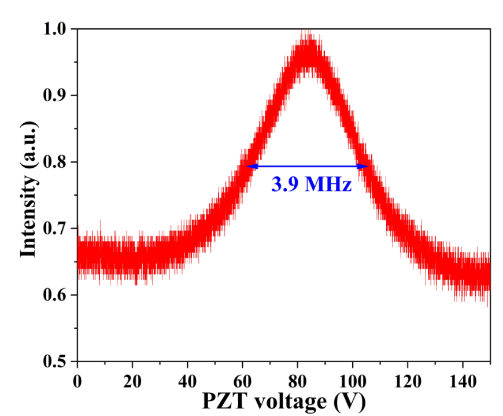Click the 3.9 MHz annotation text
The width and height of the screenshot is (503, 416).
[311, 185]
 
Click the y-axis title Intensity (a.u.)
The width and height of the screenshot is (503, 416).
[29, 190]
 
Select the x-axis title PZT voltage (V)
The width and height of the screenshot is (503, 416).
[283, 400]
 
